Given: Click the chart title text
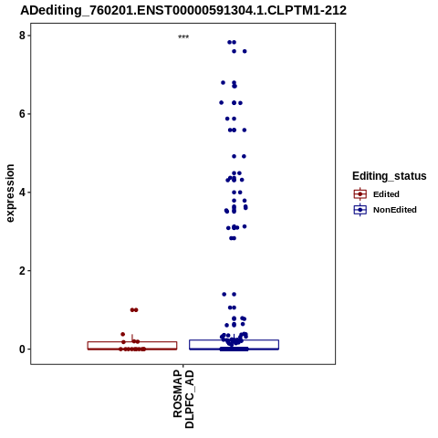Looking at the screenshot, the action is point(183,10).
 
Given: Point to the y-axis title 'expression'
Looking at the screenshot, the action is point(10,193).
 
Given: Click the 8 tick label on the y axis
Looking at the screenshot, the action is point(22,36).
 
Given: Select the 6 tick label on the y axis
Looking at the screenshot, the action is point(22,114).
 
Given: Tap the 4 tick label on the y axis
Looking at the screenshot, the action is point(22,193).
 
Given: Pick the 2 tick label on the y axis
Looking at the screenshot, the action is point(22,271).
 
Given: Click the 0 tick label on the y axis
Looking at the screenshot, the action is point(22,349).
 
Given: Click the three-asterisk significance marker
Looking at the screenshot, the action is point(183,36).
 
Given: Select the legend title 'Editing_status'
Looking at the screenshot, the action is point(390,176).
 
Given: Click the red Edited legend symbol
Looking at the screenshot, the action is point(360,194).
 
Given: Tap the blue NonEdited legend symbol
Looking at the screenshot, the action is point(360,210).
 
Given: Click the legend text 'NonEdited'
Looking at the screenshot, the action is point(395,210).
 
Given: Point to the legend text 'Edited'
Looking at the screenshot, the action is point(386,194).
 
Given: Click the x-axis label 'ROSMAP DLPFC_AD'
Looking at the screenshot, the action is point(183,399).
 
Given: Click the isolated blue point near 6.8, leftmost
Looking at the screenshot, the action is point(223,82).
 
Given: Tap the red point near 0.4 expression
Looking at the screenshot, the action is point(123,334).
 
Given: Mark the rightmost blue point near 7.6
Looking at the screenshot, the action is point(245,51).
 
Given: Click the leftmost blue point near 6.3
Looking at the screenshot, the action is point(221,102).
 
